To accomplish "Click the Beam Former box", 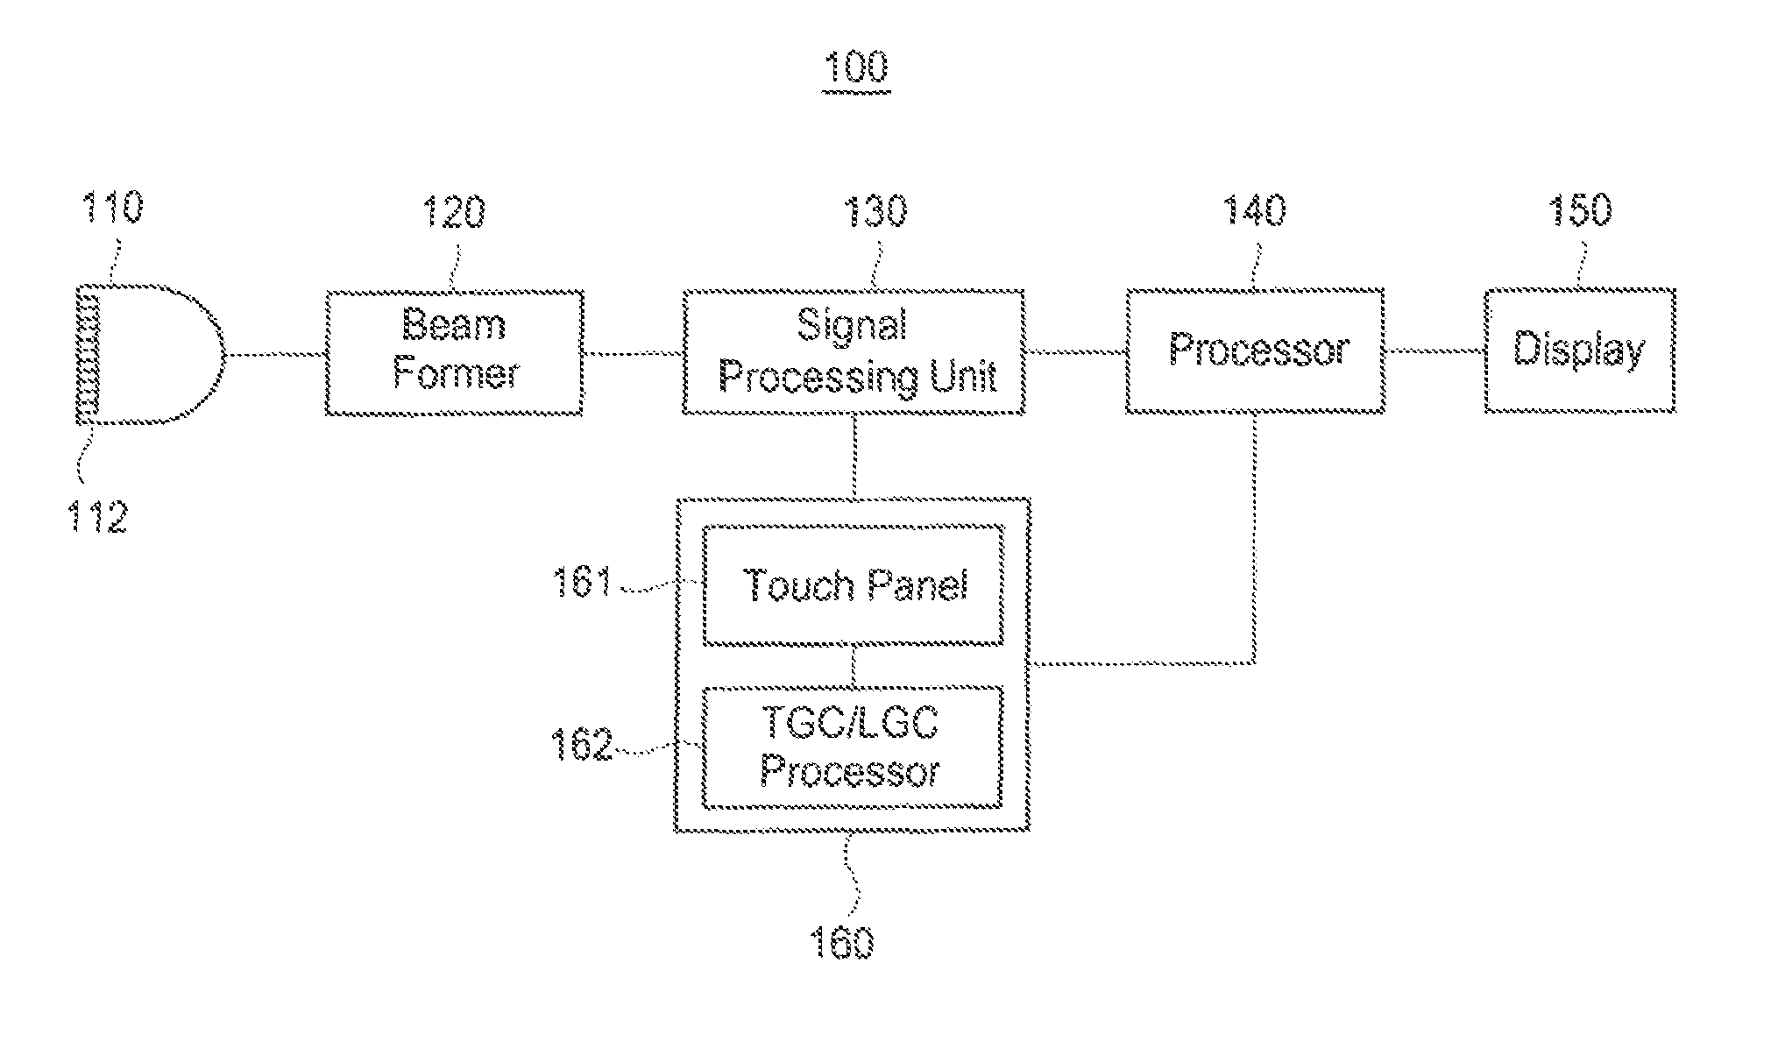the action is tap(454, 352).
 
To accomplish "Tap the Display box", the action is tap(1580, 350).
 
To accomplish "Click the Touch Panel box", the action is tap(854, 585).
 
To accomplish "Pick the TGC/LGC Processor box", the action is tap(853, 747).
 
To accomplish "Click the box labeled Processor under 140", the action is tap(1255, 350).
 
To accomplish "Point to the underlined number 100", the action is tap(856, 68).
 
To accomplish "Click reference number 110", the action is tap(111, 209).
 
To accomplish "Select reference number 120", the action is tap(454, 212).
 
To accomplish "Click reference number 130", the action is tap(874, 211).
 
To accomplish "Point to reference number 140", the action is tap(1255, 210).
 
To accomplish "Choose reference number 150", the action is tap(1580, 210).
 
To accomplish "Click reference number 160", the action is tap(842, 943).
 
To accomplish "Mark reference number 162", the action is tap(581, 745).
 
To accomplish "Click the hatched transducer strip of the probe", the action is tap(89, 355).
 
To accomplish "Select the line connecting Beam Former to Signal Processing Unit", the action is tap(633, 353).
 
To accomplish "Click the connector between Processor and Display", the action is tap(1435, 351).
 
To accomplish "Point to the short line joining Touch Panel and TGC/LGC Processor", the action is tap(854, 667).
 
